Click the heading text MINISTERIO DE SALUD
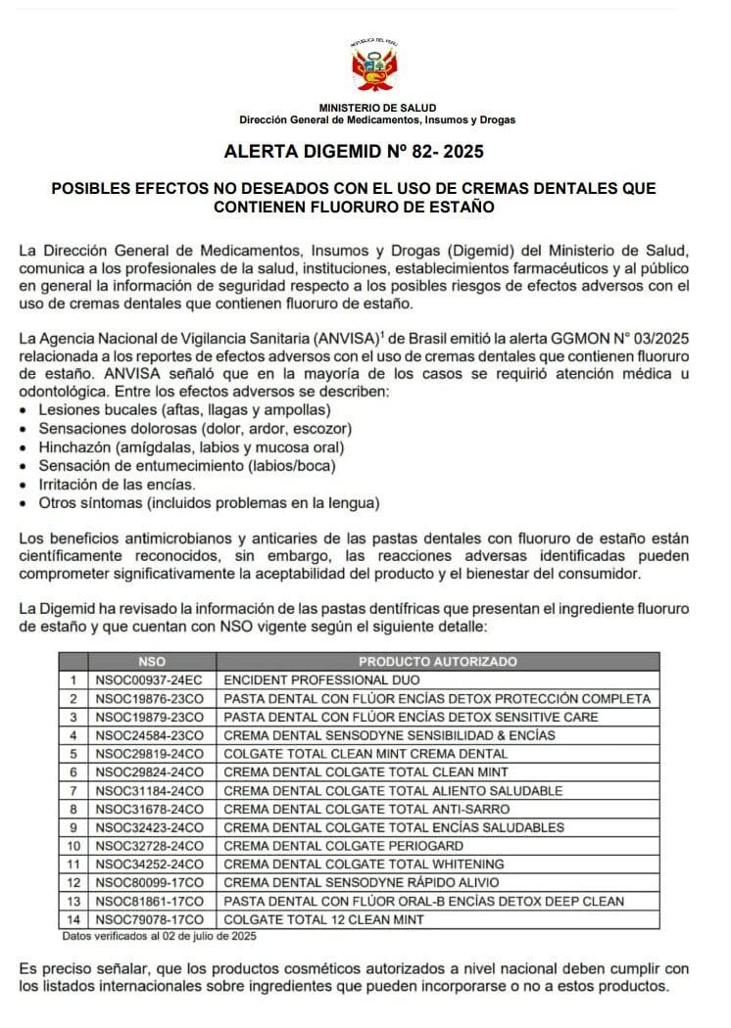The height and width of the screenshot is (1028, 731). tap(377, 108)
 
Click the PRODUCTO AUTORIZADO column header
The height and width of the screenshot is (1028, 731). tap(437, 662)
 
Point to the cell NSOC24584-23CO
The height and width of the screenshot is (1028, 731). tap(149, 735)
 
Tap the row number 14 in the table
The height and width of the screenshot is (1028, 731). tap(73, 920)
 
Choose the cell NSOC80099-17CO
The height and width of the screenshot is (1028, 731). tap(149, 883)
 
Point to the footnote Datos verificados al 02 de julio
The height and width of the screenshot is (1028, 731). tap(159, 937)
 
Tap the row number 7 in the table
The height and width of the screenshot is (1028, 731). tap(73, 790)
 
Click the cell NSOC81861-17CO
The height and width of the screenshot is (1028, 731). tap(149, 902)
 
